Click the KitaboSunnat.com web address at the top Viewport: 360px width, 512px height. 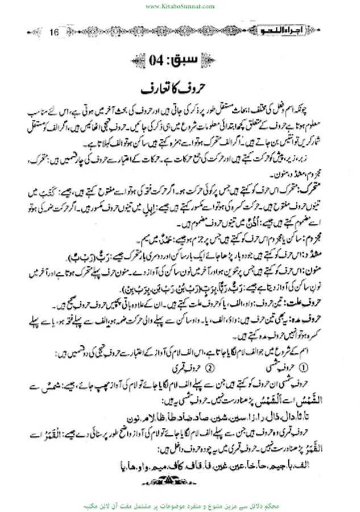tap(179, 6)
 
